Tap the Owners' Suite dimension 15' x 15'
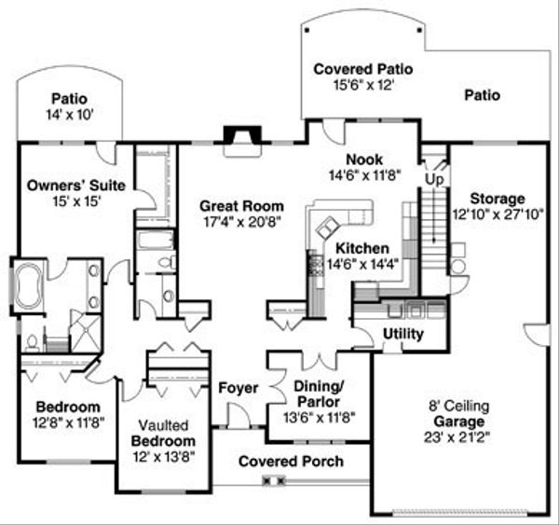point(63,200)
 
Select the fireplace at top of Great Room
point(242,137)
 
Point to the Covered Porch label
point(291,462)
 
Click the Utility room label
point(402,334)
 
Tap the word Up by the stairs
point(434,177)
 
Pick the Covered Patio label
point(362,70)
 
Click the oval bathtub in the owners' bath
point(28,284)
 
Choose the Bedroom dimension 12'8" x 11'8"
point(68,421)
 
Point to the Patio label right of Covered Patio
point(482,95)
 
